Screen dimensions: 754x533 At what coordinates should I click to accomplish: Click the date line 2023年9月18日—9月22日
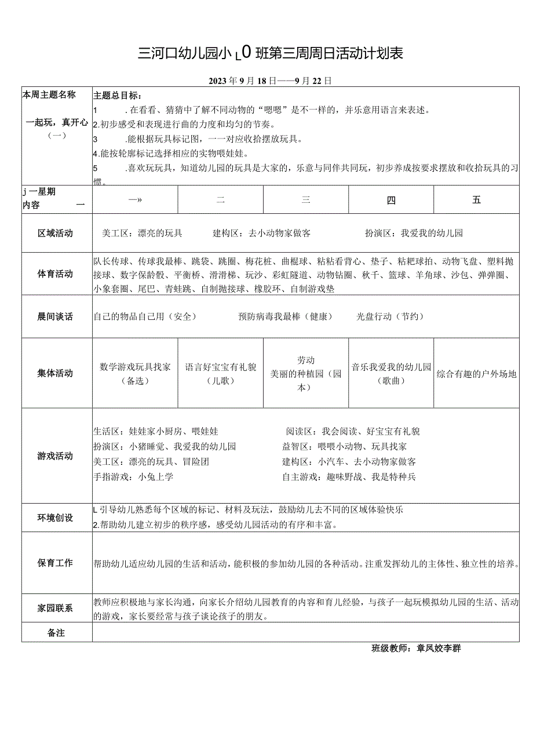270,81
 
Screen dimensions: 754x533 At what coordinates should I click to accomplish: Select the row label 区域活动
56,234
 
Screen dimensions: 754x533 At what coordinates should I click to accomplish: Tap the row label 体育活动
56,274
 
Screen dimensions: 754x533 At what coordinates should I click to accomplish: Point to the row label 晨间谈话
56,316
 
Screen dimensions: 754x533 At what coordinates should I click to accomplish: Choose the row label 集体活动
56,373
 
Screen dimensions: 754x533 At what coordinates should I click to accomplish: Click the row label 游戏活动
56,456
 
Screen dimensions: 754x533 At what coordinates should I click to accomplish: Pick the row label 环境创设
56,518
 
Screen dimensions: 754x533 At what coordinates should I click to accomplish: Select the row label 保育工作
56,563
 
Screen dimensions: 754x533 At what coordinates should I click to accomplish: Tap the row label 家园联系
56,608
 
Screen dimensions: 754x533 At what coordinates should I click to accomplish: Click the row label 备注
56,633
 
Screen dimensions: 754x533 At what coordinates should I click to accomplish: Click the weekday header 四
391,201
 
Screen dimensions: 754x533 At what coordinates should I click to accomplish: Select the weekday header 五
476,200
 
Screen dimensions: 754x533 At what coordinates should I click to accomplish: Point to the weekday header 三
306,201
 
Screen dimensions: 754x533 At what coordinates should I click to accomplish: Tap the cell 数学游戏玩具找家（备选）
135,374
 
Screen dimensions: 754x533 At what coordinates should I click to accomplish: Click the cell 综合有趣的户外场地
476,374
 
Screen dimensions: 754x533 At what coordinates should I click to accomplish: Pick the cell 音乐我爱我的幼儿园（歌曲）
391,374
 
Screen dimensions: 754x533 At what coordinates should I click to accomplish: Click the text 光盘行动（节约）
390,316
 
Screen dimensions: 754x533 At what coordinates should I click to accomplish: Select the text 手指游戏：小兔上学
133,477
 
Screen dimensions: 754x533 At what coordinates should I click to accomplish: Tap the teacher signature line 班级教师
416,649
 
